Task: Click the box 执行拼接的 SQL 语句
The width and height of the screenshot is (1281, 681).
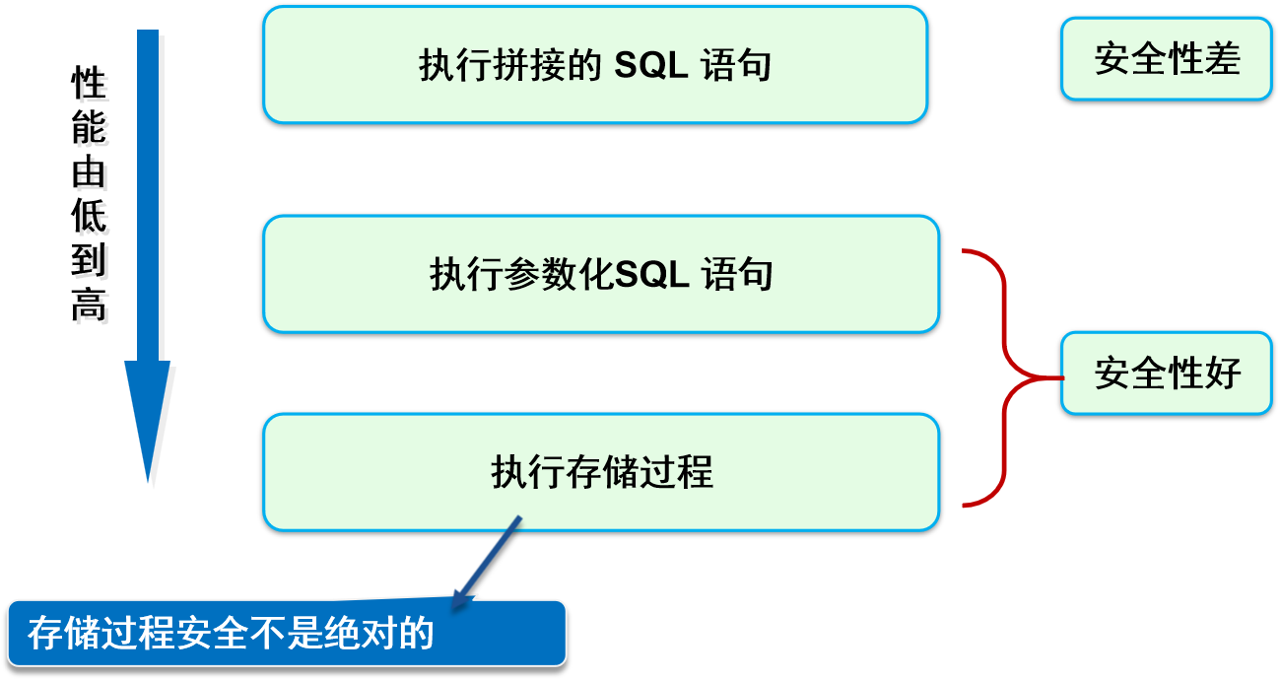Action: [595, 65]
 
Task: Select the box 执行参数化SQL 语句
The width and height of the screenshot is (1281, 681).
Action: [601, 274]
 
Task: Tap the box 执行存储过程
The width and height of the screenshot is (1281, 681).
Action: [601, 472]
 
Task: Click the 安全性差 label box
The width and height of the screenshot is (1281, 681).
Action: [1167, 59]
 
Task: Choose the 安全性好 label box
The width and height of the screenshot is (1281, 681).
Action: [1167, 374]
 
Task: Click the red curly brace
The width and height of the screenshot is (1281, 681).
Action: [1005, 377]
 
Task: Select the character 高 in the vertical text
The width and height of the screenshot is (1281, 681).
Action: [92, 308]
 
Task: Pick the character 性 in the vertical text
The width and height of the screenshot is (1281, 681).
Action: [92, 87]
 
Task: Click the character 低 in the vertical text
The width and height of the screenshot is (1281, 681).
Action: [92, 220]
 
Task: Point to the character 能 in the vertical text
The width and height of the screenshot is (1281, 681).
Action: [92, 131]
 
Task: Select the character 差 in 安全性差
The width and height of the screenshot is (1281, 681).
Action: [1222, 59]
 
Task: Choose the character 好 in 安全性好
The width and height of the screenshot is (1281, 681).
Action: [1222, 374]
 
